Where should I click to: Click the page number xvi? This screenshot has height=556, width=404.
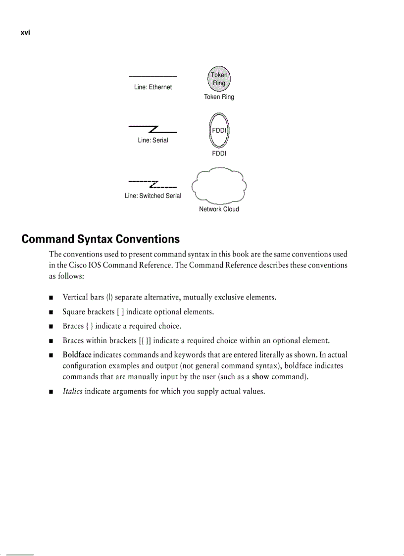[26, 33]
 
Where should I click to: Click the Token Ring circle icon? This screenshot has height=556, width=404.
[219, 79]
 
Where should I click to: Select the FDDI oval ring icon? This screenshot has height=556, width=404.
[219, 130]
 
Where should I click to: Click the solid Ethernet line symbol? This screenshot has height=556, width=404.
[153, 76]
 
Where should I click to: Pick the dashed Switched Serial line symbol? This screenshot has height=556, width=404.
[153, 184]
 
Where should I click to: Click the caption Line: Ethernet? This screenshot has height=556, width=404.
[153, 87]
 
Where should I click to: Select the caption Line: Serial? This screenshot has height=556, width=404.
[153, 140]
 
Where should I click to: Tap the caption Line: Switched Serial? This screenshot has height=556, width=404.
[153, 196]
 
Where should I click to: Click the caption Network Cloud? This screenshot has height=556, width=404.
[219, 209]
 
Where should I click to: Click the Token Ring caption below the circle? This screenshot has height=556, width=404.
[219, 97]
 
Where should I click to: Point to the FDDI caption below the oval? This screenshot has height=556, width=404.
[219, 153]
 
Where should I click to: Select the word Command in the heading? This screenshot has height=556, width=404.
[48, 239]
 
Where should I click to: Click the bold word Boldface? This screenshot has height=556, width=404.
[77, 354]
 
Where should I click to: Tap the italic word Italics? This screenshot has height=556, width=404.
[72, 391]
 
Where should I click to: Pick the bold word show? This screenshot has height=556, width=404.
[260, 377]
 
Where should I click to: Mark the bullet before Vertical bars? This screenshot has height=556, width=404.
[51, 298]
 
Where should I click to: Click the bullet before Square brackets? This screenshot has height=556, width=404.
[51, 312]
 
